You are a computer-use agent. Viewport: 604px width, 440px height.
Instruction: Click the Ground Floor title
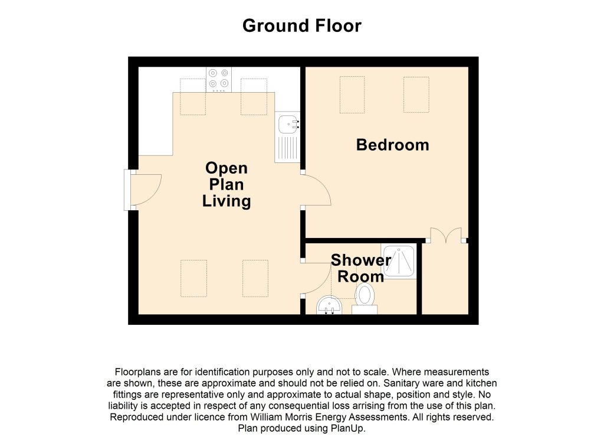click(302, 26)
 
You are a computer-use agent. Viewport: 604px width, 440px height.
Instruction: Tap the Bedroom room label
click(392, 145)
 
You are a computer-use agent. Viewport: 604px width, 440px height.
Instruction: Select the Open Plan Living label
click(226, 185)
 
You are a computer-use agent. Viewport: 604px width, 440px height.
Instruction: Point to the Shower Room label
click(361, 268)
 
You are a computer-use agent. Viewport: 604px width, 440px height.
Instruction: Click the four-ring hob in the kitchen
click(219, 80)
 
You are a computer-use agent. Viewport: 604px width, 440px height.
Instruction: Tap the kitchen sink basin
click(287, 124)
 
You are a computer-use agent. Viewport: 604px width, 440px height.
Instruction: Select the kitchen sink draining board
click(287, 148)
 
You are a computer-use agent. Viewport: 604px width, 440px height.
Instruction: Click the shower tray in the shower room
click(399, 262)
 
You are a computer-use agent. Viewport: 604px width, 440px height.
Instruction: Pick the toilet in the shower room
click(365, 299)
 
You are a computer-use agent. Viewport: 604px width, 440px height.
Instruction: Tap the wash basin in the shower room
click(329, 305)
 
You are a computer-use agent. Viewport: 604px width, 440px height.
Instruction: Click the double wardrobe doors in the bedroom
click(446, 234)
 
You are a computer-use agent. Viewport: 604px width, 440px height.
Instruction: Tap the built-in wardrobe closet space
click(445, 278)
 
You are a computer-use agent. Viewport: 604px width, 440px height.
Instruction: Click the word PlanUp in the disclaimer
click(348, 428)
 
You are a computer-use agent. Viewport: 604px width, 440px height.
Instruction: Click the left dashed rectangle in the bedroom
click(352, 95)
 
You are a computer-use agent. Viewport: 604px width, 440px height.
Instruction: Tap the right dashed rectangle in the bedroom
click(416, 95)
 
